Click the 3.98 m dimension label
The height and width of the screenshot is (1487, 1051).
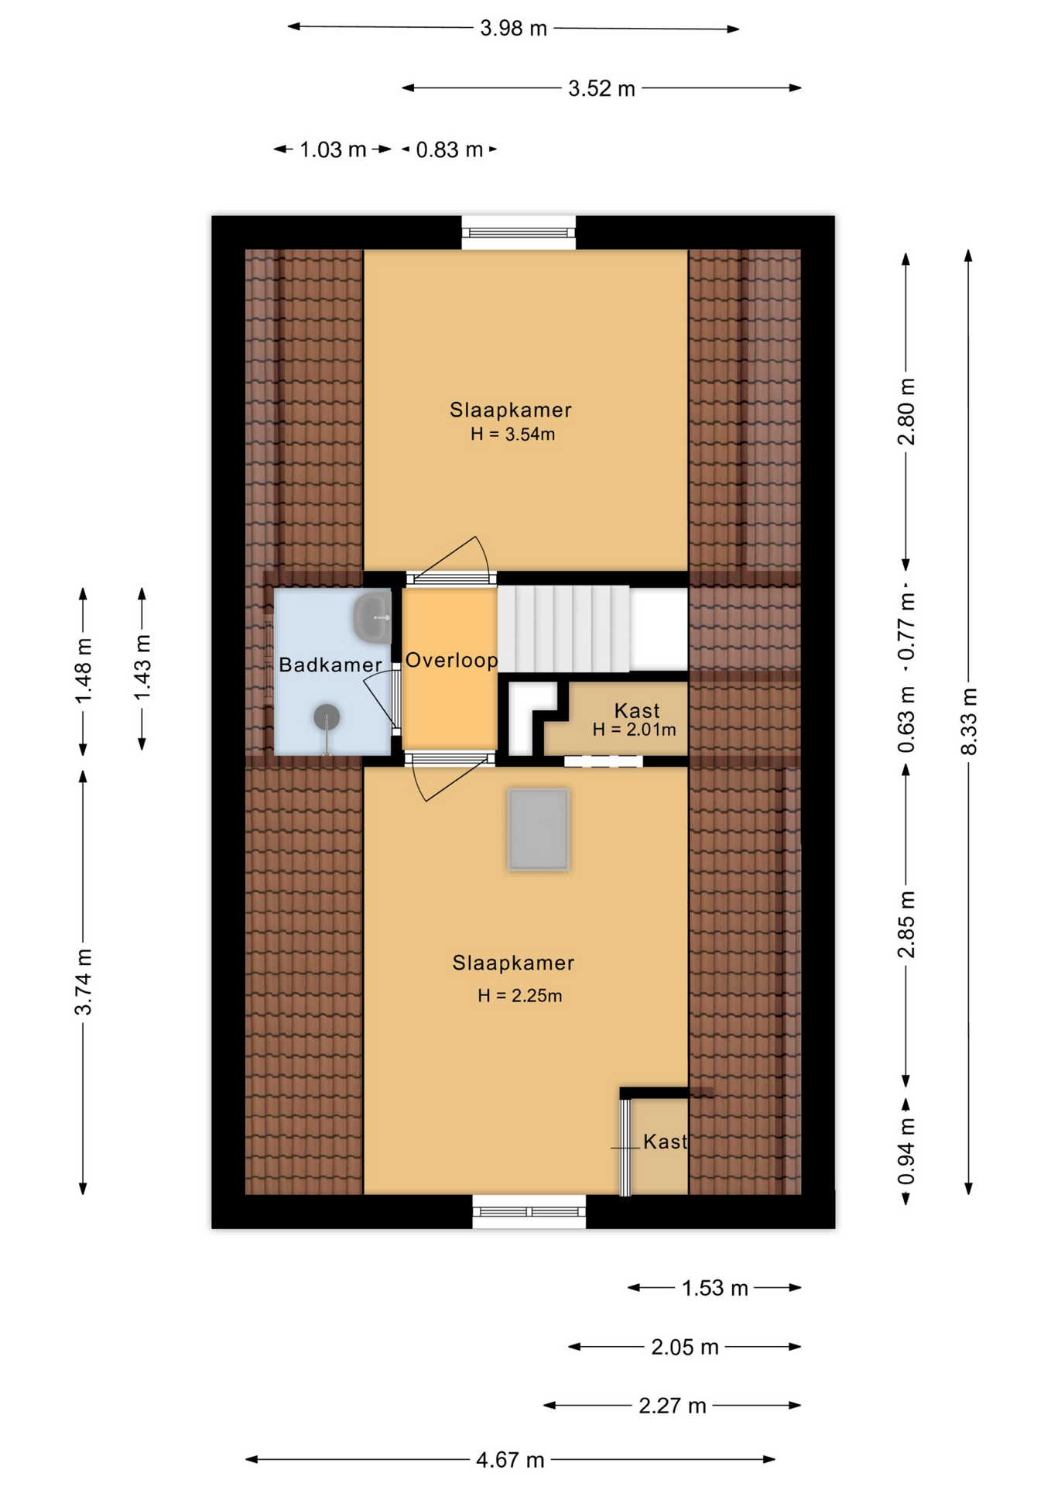[x=513, y=29]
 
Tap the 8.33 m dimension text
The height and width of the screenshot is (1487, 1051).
[x=969, y=721]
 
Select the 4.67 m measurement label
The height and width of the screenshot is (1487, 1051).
[x=510, y=1460]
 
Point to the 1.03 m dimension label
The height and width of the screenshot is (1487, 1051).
[x=333, y=149]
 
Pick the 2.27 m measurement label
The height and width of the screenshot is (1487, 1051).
[x=673, y=1406]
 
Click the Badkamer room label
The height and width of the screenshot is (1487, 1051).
[x=330, y=665]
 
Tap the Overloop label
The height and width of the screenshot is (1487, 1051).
[x=451, y=660]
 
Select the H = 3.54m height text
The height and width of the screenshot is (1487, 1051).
[x=512, y=434]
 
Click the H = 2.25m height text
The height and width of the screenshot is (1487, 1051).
[x=519, y=996]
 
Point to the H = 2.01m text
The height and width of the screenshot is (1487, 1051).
[x=634, y=730]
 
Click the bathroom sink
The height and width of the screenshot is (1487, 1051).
[x=372, y=618]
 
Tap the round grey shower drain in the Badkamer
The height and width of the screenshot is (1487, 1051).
[x=327, y=717]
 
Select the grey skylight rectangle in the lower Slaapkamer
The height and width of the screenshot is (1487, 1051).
[x=539, y=829]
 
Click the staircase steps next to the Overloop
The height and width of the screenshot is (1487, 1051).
[x=563, y=629]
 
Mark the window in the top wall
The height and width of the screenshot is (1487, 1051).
[x=519, y=232]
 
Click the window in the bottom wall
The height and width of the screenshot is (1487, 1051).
[x=529, y=1211]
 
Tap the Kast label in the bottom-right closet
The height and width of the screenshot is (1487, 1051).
[x=665, y=1142]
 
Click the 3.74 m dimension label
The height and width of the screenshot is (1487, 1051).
[x=84, y=981]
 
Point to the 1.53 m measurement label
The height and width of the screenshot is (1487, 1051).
[x=715, y=1288]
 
